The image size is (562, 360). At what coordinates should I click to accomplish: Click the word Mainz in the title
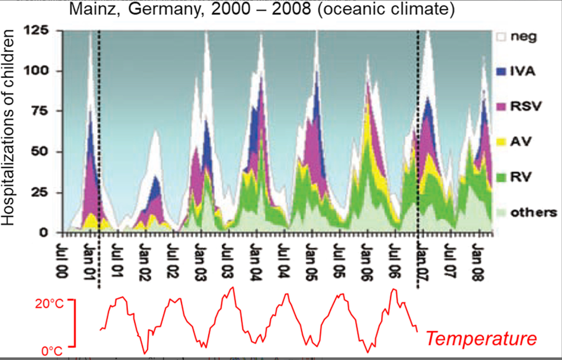coord(94,9)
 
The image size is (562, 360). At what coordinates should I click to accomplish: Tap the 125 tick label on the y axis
coord(36,30)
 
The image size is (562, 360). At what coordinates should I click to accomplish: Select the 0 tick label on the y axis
coord(43,232)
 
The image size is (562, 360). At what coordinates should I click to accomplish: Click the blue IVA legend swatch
coord(501,71)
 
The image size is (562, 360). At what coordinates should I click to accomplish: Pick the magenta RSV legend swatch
coord(501,106)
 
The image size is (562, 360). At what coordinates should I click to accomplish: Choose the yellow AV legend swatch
coord(501,142)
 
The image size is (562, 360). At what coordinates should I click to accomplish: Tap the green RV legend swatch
coord(501,177)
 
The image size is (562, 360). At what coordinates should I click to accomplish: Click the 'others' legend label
coord(534,212)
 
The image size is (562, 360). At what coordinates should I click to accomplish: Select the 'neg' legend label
coord(523,36)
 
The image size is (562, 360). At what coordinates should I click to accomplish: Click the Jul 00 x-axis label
coord(62,260)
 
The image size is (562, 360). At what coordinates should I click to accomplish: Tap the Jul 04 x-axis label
coord(283,260)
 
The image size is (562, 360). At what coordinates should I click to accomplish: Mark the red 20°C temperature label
coord(49,303)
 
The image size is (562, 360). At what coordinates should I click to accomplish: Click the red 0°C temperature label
coord(52,351)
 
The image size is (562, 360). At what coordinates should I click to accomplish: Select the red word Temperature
coord(481,339)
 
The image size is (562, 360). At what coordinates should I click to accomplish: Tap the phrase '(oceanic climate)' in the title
coord(386,9)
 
